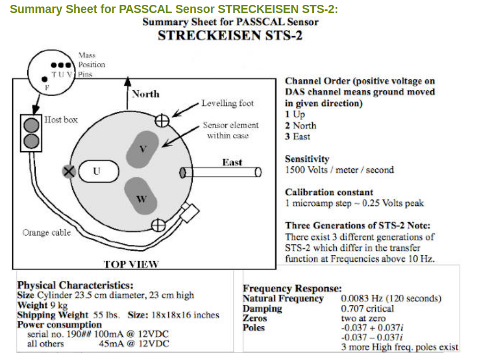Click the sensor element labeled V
click(142, 148)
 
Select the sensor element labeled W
click(141, 198)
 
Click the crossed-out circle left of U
click(69, 172)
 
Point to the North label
click(146, 94)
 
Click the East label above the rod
click(232, 162)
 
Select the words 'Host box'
click(61, 119)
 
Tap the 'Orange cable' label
click(47, 232)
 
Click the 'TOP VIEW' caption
click(131, 264)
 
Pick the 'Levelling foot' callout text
click(228, 103)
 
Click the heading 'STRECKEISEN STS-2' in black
click(230, 36)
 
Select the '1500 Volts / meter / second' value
click(339, 170)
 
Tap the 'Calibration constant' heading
click(329, 192)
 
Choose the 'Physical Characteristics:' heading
click(75, 285)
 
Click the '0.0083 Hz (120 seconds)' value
click(391, 299)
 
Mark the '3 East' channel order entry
click(298, 136)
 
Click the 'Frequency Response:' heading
click(292, 289)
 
